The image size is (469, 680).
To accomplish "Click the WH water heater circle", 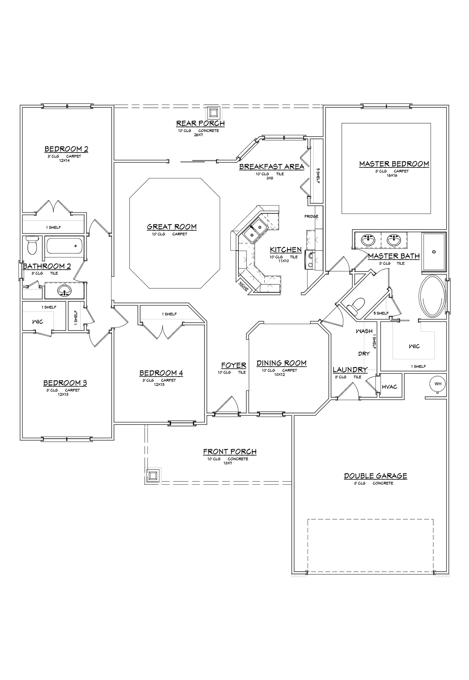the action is click(438, 384).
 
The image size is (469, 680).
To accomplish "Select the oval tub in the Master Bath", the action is click(432, 296).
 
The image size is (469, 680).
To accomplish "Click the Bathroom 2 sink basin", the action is click(64, 291).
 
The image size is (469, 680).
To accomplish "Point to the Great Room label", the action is click(172, 227).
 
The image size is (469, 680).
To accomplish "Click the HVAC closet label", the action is click(389, 387).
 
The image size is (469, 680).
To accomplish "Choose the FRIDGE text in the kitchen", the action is click(311, 216).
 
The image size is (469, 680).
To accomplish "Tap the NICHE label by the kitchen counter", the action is click(243, 286).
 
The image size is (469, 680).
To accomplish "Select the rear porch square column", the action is click(213, 113).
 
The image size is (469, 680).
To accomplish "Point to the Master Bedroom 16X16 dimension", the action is click(392, 175).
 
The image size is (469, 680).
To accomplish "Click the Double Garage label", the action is click(376, 476).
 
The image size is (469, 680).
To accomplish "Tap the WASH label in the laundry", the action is click(364, 331).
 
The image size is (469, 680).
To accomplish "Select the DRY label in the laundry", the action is click(364, 354).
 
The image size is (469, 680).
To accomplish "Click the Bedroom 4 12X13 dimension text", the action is click(159, 384).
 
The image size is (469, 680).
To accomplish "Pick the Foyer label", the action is click(234, 365).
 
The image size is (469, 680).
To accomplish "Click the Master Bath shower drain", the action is click(434, 252).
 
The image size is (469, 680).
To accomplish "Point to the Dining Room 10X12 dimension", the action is click(279, 375).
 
